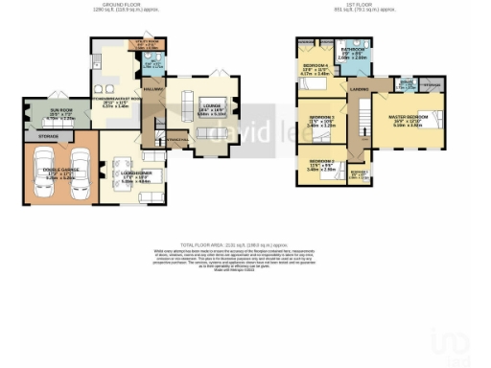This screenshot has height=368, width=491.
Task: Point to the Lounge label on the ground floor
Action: [211, 106]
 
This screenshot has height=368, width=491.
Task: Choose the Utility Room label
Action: [155, 43]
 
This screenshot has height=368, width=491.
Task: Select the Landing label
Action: [359, 89]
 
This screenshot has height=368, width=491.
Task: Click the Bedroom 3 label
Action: [321, 116]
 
